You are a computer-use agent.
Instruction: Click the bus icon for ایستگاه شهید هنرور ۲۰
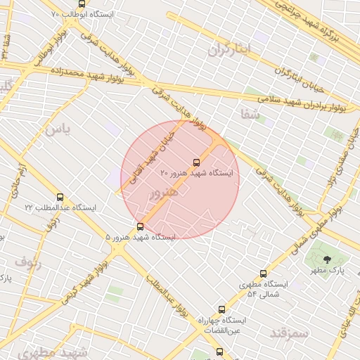(x=196, y=162)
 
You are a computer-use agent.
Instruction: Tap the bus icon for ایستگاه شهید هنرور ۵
(x=140, y=226)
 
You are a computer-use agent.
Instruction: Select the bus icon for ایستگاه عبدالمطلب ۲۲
(x=60, y=198)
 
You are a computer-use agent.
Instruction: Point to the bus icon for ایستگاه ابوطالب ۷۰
(x=82, y=4)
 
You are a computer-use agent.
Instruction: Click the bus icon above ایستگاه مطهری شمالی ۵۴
(x=264, y=274)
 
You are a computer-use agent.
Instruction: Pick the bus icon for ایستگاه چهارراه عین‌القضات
(x=222, y=309)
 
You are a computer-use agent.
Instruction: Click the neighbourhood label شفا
(x=250, y=113)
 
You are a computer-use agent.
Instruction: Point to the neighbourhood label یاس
(x=56, y=130)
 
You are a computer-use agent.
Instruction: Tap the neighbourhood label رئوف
(x=28, y=264)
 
